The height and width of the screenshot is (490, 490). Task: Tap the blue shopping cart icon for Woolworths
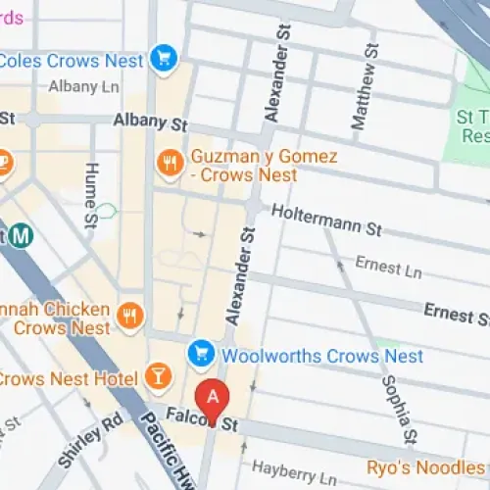[x=201, y=352]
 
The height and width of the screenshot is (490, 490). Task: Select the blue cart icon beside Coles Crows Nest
[x=164, y=58]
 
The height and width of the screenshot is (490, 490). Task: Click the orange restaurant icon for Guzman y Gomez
[x=171, y=164]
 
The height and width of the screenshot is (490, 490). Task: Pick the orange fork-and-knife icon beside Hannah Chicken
[x=128, y=315]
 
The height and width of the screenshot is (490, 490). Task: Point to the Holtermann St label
[x=325, y=220]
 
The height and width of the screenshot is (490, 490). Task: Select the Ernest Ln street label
[x=378, y=265]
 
